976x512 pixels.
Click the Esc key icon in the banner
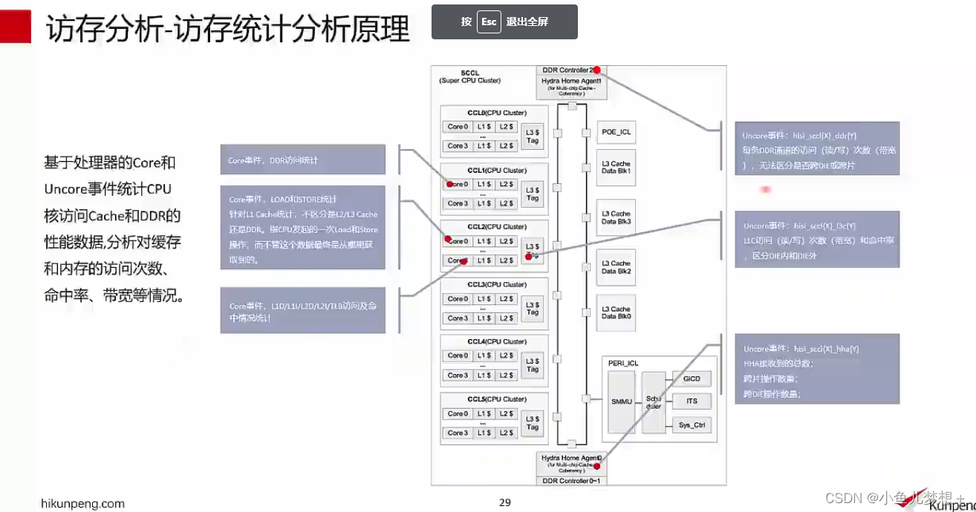[488, 22]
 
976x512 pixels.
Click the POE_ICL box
[616, 132]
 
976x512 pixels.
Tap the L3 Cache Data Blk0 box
[616, 312]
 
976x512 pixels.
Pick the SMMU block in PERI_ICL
[622, 401]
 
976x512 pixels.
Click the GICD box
[692, 378]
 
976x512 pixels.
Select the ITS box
[692, 401]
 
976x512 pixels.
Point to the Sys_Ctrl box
[692, 425]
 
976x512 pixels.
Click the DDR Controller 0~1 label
[572, 480]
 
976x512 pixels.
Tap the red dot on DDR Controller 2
[596, 70]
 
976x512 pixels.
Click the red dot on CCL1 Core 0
[449, 184]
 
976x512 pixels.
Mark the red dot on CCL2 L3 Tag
[529, 257]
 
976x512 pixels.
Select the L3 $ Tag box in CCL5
[533, 423]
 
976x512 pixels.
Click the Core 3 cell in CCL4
[458, 375]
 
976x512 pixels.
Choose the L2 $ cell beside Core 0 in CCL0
[506, 127]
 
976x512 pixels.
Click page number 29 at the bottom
[505, 502]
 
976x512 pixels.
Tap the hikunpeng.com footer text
[82, 503]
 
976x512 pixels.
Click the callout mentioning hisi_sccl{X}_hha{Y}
[817, 369]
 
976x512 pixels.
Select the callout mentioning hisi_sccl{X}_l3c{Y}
[817, 240]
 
